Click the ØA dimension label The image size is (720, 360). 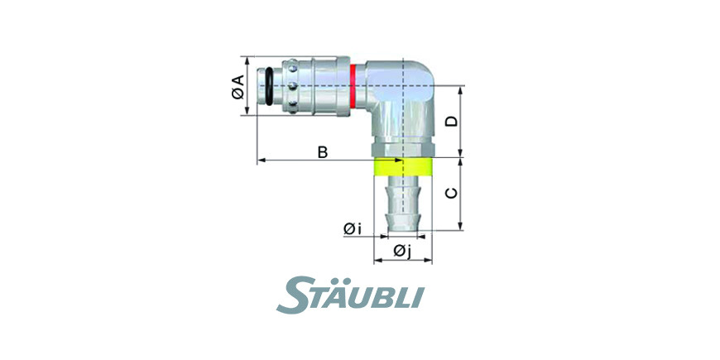coord(238,87)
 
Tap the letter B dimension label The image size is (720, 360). coord(323,152)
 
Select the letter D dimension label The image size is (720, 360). coord(453,121)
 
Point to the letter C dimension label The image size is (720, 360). coord(453,194)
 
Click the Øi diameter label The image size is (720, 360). coord(352,228)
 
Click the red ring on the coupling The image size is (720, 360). coord(353,86)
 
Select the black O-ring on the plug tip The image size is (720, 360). coord(269,86)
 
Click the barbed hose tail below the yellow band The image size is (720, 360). coord(403,204)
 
